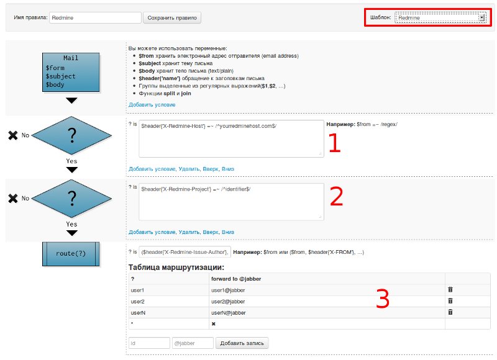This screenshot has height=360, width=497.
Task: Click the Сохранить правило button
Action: coord(172,18)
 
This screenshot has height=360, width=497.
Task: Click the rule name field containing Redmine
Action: coord(95,18)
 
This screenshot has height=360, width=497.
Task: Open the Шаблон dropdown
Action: coord(439,18)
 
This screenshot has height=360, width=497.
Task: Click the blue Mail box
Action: coord(71,73)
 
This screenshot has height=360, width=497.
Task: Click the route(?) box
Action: coord(71,253)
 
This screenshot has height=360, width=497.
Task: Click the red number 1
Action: coord(335,143)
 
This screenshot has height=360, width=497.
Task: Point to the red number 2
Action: coord(336,196)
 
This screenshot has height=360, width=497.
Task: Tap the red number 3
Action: coord(383,299)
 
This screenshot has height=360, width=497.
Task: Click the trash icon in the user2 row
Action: coord(450,301)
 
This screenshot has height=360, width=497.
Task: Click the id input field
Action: coord(149,343)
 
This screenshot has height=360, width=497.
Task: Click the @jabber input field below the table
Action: coord(192,343)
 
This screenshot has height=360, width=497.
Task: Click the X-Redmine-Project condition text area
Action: coord(231,201)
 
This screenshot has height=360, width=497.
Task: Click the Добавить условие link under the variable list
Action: coord(152,104)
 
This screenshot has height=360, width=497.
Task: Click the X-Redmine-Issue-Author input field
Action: coord(185,252)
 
